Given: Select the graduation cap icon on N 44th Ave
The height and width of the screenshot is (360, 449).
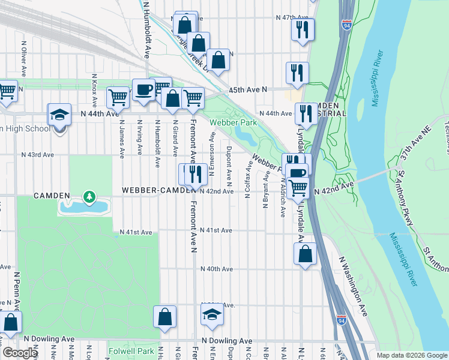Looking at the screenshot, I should pos(59,115).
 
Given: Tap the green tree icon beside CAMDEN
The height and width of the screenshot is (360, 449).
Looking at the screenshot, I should pos(89,196).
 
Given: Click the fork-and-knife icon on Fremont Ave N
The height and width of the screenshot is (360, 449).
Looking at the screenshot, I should pos(196,174).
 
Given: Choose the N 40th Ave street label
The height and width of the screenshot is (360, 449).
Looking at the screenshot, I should pos(216,269).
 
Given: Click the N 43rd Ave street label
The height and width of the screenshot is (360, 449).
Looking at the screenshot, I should pos(37,155).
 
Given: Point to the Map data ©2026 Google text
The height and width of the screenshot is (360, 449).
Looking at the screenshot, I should pos(411,355).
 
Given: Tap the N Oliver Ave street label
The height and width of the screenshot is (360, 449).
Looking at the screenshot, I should pos(24,58).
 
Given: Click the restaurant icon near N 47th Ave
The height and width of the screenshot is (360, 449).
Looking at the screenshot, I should pos(303,29).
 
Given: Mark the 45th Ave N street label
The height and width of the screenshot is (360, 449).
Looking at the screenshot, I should pos(247,89).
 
